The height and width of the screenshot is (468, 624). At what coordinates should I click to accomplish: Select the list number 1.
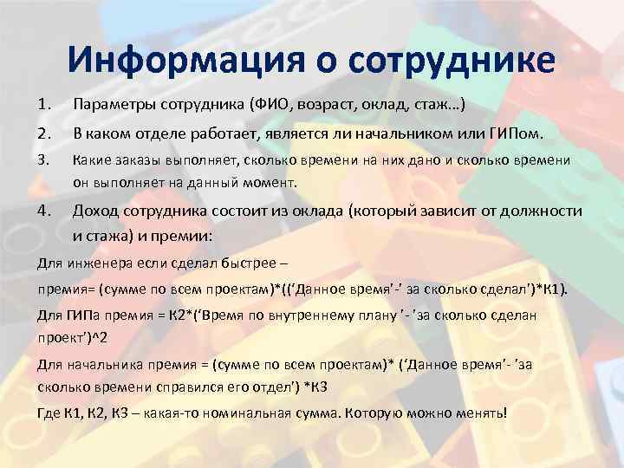pos(44,105)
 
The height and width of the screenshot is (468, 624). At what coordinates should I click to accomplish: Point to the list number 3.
pos(44,159)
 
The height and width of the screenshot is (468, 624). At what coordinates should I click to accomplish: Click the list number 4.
pos(44,211)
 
